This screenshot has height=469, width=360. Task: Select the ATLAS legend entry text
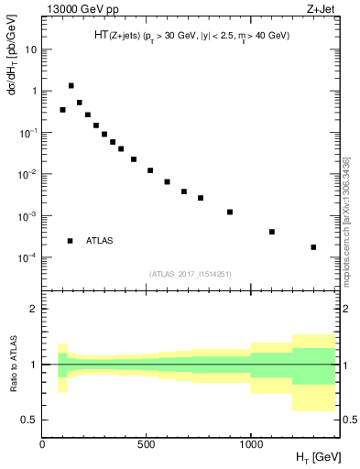[99, 241]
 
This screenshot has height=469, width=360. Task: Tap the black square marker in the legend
[70, 241]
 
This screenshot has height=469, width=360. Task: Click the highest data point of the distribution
[71, 85]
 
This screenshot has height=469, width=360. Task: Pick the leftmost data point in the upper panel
[62, 110]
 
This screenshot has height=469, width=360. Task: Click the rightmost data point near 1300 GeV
[313, 247]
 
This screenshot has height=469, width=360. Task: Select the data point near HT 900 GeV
[230, 212]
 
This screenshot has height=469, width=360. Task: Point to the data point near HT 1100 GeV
[272, 232]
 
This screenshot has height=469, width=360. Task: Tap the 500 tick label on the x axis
[147, 446]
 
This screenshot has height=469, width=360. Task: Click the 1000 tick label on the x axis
[250, 446]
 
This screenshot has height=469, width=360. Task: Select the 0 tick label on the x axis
[42, 446]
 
